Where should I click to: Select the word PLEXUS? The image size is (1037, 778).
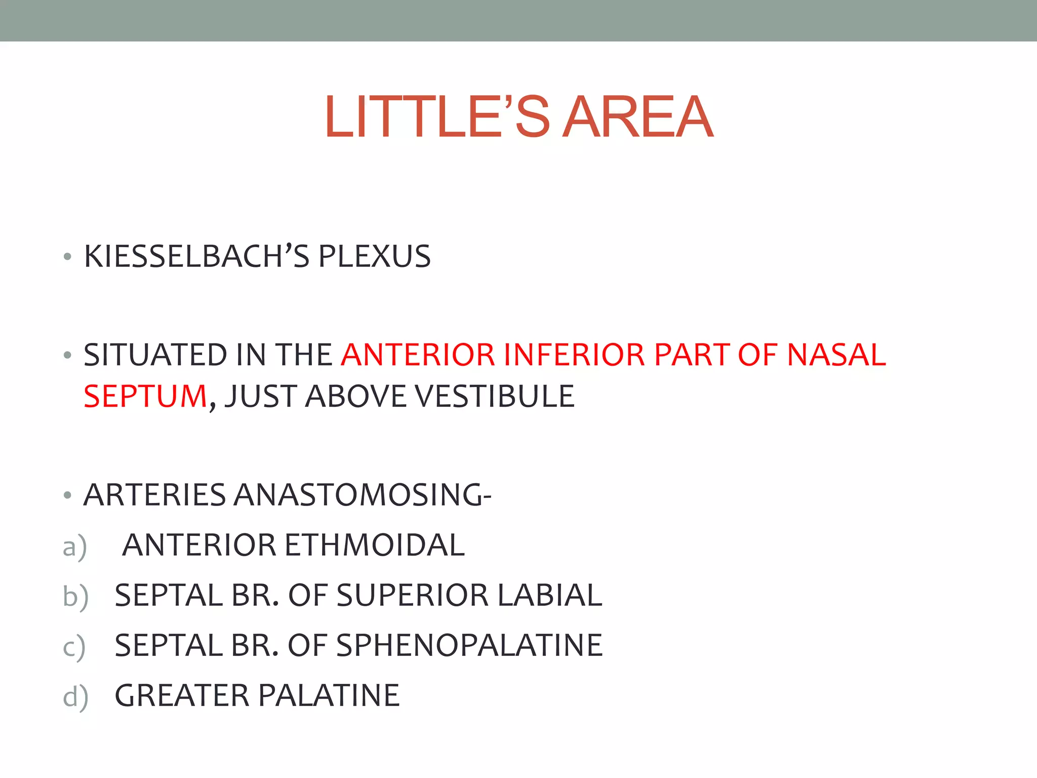tap(374, 256)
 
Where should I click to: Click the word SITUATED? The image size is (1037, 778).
tap(155, 355)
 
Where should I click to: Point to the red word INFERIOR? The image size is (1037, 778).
tap(574, 355)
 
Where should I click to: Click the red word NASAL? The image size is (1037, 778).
tap(836, 355)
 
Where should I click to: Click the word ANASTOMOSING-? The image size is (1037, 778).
tap(362, 495)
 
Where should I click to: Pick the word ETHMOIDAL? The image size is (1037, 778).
tap(374, 545)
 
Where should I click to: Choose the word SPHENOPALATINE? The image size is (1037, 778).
tap(469, 645)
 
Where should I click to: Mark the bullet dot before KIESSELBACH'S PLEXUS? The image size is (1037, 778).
tap(67, 258)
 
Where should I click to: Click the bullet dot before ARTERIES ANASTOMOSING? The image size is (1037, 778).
tap(67, 496)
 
